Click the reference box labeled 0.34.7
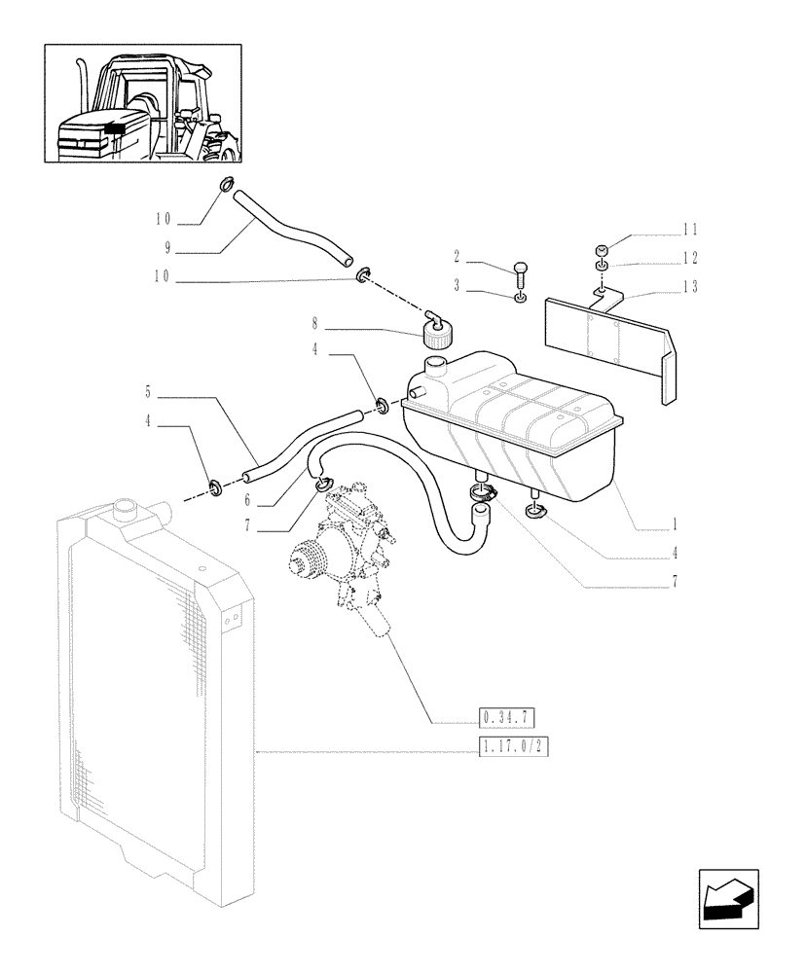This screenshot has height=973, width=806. (x=507, y=719)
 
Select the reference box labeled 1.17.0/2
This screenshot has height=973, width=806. (x=510, y=748)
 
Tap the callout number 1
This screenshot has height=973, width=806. (x=673, y=522)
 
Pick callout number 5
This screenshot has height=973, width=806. (x=147, y=393)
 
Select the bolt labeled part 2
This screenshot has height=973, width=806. (x=520, y=272)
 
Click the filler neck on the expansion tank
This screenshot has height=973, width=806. (x=433, y=368)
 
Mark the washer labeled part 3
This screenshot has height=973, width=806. (x=522, y=298)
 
